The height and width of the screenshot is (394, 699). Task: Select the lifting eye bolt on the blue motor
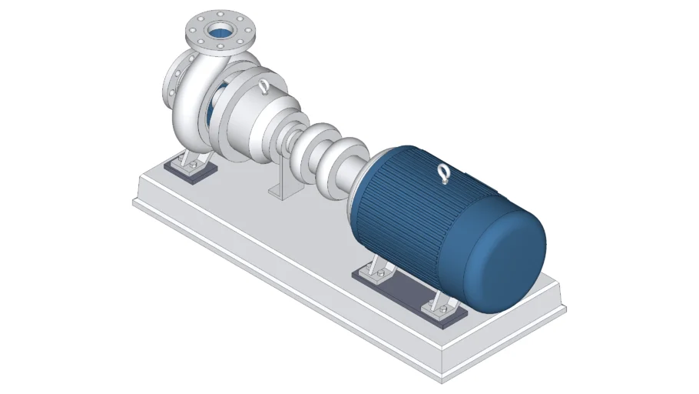(443, 174)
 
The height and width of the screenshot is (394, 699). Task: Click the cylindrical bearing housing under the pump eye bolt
(261, 123)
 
